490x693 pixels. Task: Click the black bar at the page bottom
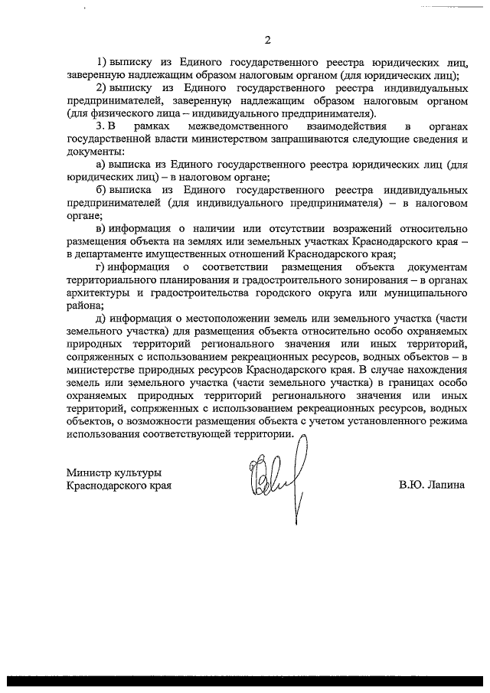pyautogui.click(x=245, y=681)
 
